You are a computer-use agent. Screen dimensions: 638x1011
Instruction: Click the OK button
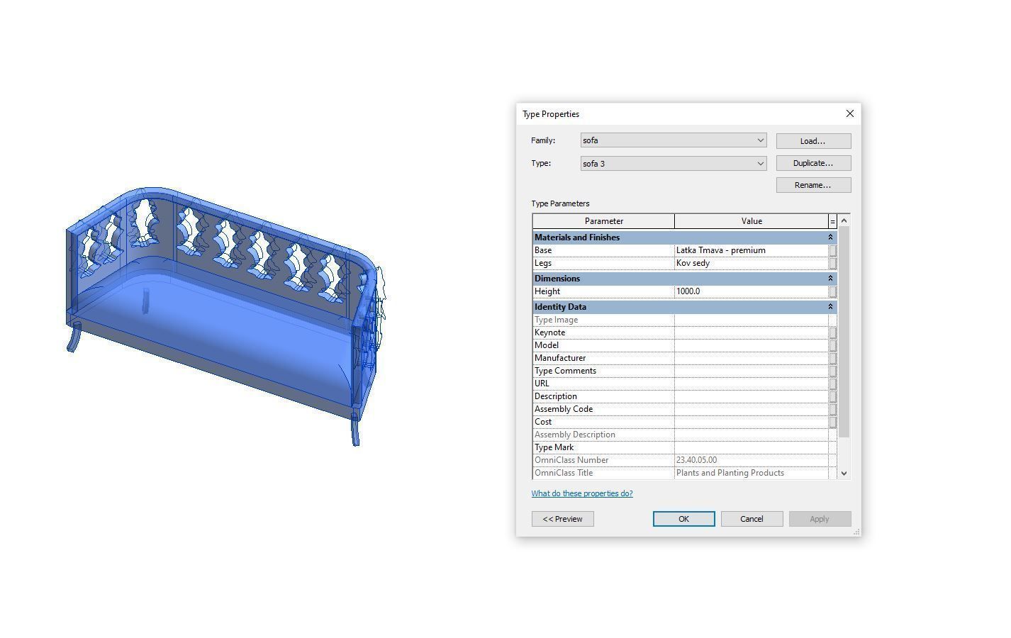click(683, 519)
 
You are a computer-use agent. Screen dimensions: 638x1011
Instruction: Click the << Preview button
click(562, 519)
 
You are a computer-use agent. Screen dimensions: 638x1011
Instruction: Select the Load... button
click(812, 141)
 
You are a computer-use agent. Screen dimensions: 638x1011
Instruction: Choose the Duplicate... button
click(812, 163)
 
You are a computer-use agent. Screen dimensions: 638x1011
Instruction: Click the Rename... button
click(812, 185)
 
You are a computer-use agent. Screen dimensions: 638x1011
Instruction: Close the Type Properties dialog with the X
click(849, 113)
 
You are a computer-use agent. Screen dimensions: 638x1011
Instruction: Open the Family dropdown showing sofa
click(673, 140)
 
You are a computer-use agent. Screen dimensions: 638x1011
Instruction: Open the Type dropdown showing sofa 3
click(673, 164)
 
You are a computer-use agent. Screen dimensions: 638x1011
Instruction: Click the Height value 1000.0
click(750, 291)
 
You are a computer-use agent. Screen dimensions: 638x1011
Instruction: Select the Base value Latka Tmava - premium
click(750, 250)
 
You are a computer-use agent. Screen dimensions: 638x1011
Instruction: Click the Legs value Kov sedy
click(750, 263)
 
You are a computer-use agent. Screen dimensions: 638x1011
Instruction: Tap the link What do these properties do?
click(582, 493)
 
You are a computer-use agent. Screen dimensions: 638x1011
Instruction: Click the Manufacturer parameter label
click(560, 358)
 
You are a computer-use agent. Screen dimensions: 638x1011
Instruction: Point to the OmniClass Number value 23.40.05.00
click(750, 460)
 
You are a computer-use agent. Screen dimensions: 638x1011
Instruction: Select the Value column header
click(751, 221)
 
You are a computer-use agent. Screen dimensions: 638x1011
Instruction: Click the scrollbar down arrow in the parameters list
click(844, 473)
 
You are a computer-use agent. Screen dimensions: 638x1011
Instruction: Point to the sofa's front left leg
click(73, 337)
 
